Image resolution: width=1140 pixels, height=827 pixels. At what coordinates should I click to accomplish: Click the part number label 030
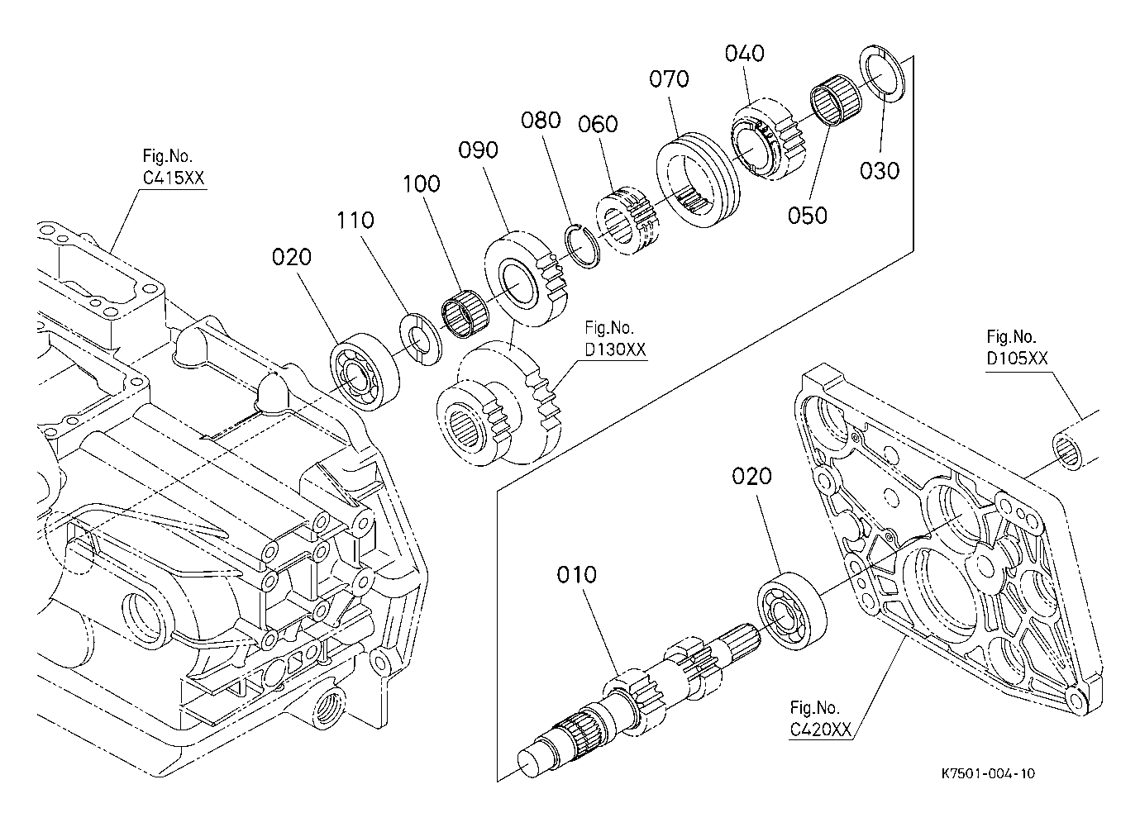pyautogui.click(x=880, y=170)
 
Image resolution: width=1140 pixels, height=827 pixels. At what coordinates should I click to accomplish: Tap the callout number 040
pyautogui.click(x=745, y=54)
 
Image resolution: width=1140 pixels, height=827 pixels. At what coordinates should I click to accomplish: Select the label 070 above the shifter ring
pyautogui.click(x=669, y=79)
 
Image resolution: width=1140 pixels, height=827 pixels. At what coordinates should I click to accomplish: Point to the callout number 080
pyautogui.click(x=541, y=121)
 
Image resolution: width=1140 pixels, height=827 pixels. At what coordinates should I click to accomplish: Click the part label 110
pyautogui.click(x=355, y=221)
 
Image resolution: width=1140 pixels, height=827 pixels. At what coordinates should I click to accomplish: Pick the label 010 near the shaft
pyautogui.click(x=576, y=575)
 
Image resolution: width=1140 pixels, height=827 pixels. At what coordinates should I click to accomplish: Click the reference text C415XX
pyautogui.click(x=173, y=178)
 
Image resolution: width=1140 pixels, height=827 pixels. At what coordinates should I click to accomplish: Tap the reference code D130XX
pyautogui.click(x=615, y=349)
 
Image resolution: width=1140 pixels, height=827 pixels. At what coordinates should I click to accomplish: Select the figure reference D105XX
pyautogui.click(x=1017, y=359)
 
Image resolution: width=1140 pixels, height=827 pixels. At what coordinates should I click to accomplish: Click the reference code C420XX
pyautogui.click(x=820, y=730)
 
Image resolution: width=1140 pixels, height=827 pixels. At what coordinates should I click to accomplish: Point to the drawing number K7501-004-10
pyautogui.click(x=988, y=773)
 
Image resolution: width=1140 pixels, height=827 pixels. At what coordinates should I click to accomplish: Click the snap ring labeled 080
pyautogui.click(x=584, y=246)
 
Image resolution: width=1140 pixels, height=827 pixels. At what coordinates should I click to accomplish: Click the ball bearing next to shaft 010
pyautogui.click(x=792, y=611)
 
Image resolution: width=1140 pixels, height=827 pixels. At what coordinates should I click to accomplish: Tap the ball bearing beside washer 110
pyautogui.click(x=365, y=372)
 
